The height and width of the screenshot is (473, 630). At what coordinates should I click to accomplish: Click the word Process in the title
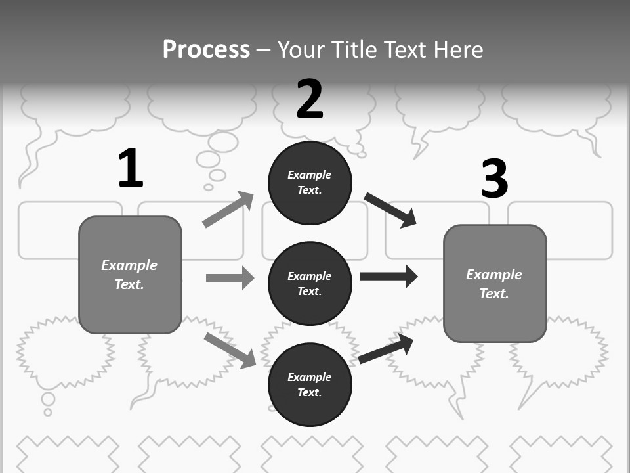point(206,50)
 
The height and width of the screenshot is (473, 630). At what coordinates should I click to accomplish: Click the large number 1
point(131,168)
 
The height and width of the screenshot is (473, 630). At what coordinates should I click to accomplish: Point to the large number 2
point(310,99)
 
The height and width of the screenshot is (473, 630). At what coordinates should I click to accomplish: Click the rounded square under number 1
point(130,275)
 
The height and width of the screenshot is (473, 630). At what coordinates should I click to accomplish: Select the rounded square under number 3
point(495,284)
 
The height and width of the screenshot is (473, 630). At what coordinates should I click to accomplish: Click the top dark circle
point(310,183)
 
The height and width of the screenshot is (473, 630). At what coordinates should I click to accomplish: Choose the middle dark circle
point(310,284)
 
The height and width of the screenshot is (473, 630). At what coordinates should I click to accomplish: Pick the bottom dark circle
point(310,385)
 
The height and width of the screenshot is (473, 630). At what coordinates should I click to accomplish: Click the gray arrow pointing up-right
point(228,210)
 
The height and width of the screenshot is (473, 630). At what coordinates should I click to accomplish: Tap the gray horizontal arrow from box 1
point(230,278)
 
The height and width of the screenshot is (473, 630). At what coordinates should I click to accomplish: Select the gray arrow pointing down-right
point(230,350)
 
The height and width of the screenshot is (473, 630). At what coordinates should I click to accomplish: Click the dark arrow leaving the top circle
point(390,210)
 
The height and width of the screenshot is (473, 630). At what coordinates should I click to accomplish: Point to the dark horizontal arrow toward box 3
point(388,276)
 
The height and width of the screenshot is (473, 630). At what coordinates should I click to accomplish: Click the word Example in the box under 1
point(129,265)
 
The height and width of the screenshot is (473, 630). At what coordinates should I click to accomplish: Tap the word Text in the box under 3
point(493,294)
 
